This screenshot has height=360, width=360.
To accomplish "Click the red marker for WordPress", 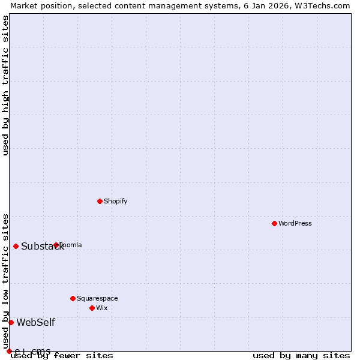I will click(274, 223).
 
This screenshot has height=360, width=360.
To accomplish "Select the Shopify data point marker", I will click(100, 201).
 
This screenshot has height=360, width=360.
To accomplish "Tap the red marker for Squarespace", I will click(73, 298).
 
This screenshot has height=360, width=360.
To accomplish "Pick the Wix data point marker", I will click(92, 308).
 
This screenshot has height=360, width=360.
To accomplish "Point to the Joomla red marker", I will click(56, 245).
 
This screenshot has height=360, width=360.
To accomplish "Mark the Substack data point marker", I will click(16, 246).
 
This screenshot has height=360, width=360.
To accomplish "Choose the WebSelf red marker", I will click(11, 322).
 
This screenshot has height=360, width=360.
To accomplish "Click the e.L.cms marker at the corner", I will click(9, 351).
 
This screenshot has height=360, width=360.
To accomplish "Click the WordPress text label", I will click(295, 223).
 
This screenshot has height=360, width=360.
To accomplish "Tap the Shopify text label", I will click(116, 201).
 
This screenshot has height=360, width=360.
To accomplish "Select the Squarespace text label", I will click(97, 298).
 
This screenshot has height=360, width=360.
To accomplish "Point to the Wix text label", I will click(102, 308).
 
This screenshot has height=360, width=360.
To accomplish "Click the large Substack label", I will click(42, 246).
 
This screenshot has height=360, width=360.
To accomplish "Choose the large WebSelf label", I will click(35, 322).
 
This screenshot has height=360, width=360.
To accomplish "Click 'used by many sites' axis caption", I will click(301, 356).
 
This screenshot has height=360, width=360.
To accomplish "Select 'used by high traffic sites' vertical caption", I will click(5, 85).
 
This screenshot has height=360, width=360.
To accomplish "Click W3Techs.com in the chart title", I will click(324, 5).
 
